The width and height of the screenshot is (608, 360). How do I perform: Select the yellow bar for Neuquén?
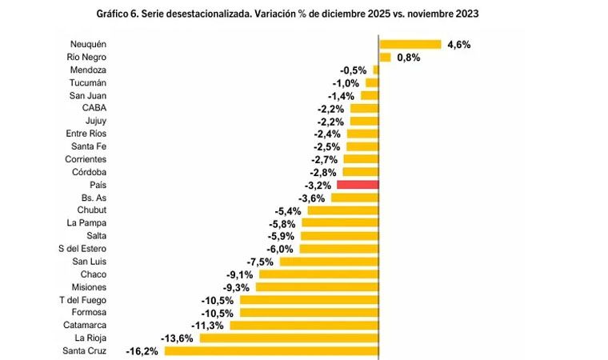(410, 44)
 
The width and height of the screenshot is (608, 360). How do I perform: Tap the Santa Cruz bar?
(271, 350)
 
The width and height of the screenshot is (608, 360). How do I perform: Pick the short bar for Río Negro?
(384, 57)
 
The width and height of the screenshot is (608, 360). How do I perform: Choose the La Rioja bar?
(288, 338)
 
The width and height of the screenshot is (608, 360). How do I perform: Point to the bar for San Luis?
(329, 262)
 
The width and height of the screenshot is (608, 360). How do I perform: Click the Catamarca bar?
(303, 325)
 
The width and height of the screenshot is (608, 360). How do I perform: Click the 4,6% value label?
(459, 45)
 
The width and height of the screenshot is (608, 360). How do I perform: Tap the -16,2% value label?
(142, 351)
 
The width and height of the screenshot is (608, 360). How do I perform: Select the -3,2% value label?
(317, 185)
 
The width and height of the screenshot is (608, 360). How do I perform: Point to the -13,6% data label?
(177, 338)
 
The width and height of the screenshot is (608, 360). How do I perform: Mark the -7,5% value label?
(260, 262)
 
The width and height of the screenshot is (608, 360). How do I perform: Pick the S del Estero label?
(82, 249)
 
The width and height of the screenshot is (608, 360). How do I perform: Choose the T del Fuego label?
(83, 300)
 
